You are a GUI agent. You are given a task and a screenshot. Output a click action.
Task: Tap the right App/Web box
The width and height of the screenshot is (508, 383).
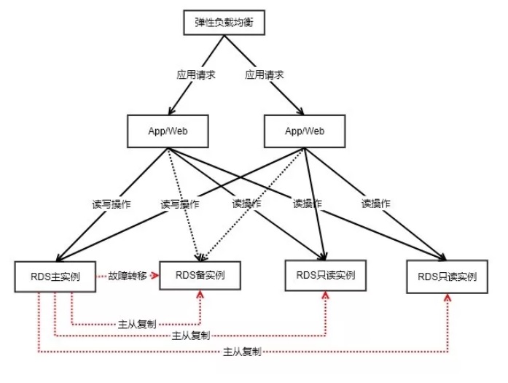click(304, 131)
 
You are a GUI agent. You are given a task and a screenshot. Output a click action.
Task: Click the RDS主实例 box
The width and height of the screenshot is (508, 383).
click(56, 276)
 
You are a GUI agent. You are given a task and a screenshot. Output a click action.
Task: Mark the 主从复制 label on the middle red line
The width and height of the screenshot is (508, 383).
click(190, 336)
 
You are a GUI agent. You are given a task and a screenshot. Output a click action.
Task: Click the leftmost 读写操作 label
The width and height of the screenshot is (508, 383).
click(112, 204)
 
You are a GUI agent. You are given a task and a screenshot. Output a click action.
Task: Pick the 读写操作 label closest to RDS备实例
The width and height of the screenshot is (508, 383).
click(179, 204)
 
